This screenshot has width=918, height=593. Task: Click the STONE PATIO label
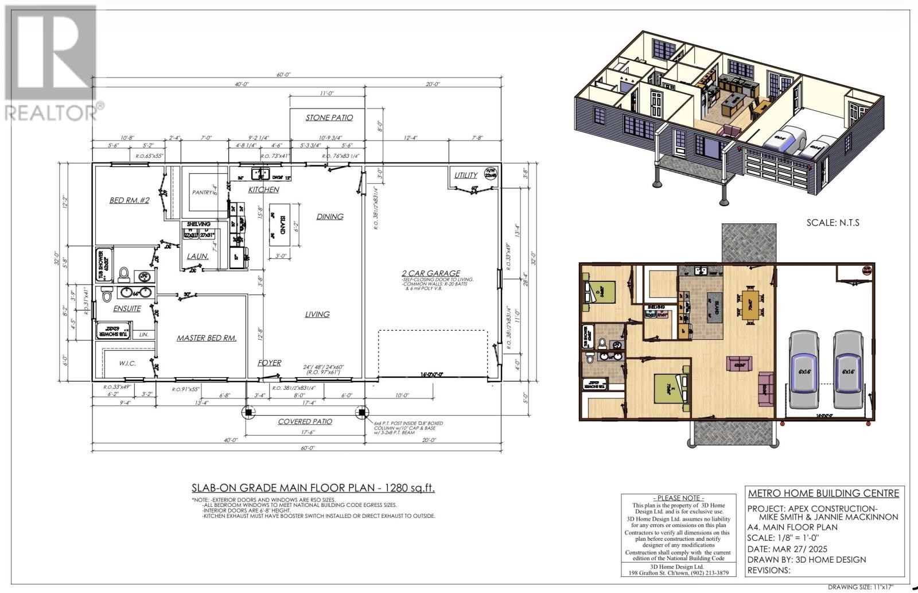pyautogui.click(x=329, y=117)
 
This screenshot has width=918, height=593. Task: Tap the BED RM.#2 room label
pyautogui.click(x=129, y=200)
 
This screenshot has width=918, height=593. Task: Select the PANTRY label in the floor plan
pyautogui.click(x=203, y=192)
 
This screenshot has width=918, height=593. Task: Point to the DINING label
pyautogui.click(x=329, y=216)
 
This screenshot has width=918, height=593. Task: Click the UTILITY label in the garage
pyautogui.click(x=465, y=175)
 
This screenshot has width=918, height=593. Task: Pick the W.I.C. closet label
pyautogui.click(x=127, y=363)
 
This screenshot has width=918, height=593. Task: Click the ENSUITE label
pyautogui.click(x=127, y=308)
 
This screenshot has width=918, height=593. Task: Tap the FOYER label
pyautogui.click(x=269, y=363)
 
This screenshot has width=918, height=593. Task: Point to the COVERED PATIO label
pyautogui.click(x=305, y=421)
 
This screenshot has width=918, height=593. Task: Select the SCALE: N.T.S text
pyautogui.click(x=833, y=222)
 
